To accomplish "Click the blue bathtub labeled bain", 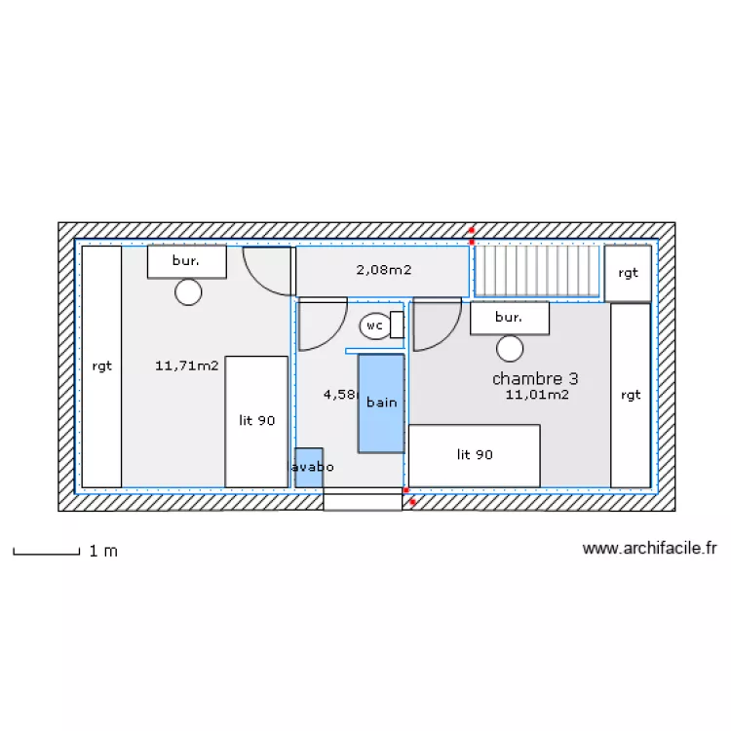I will click(x=381, y=403).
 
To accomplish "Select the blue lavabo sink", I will click(x=308, y=467).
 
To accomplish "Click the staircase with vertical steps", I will click(x=537, y=270).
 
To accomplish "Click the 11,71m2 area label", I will click(x=186, y=366).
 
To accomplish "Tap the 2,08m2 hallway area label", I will click(x=383, y=269).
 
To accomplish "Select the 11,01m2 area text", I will click(x=537, y=395).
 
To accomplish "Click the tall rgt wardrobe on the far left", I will click(x=101, y=366).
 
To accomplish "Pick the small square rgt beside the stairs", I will click(x=628, y=273).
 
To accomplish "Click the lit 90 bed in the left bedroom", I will click(x=256, y=421).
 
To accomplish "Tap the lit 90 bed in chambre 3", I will click(x=474, y=455).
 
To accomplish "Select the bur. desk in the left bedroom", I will click(x=186, y=261).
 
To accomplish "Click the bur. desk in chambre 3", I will click(x=509, y=318).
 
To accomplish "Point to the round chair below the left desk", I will click(x=188, y=291).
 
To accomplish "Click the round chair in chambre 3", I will click(x=509, y=348).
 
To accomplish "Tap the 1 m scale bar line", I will click(x=46, y=554).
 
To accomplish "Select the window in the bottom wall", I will click(x=363, y=500).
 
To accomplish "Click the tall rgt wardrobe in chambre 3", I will click(x=630, y=395).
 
